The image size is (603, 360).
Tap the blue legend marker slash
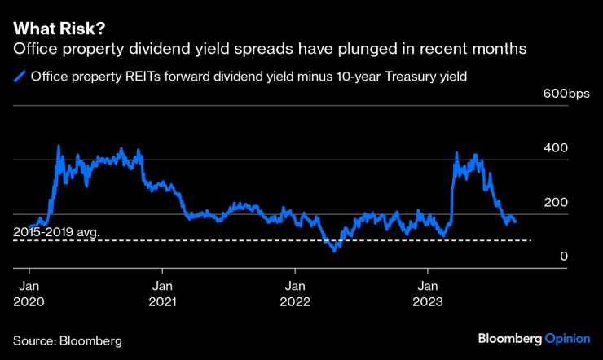click(x=19, y=78)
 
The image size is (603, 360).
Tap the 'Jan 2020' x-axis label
click(x=29, y=294)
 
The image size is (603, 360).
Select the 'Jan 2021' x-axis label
click(x=162, y=294)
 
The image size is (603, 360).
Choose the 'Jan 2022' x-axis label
click(x=296, y=294)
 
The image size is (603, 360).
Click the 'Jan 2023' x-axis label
click(x=429, y=294)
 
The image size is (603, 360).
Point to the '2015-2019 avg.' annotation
click(x=56, y=233)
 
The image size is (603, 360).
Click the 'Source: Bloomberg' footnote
click(x=67, y=338)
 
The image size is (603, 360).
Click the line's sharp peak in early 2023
click(x=456, y=152)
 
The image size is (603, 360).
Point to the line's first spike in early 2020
click(x=59, y=147)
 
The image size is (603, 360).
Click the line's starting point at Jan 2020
click(x=30, y=227)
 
